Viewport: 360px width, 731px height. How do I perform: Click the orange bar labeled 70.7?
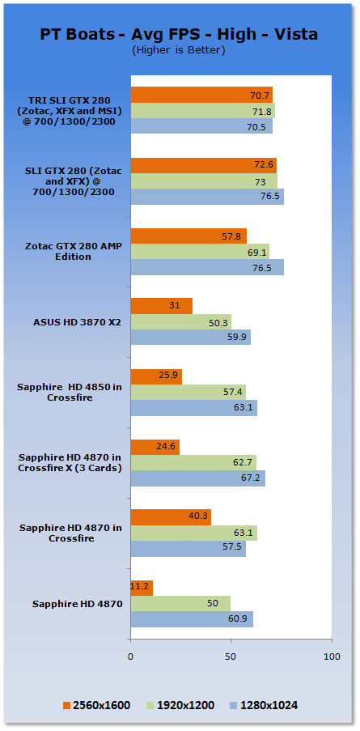(201, 95)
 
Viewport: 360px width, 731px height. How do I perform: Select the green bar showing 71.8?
(203, 110)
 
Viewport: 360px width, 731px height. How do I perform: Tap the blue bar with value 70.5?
(201, 125)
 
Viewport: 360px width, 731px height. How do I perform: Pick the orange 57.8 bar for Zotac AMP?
(188, 236)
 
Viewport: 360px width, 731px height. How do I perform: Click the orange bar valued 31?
(162, 306)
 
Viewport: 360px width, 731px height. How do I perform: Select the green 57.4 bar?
(188, 393)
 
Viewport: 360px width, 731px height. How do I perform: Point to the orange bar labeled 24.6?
(155, 448)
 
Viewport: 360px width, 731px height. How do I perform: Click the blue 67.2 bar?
(198, 478)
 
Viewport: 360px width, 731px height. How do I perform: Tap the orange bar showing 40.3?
(171, 517)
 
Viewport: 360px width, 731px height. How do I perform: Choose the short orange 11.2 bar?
(142, 589)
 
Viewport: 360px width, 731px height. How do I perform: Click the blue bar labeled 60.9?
(192, 619)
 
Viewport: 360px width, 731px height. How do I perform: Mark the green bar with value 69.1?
(201, 251)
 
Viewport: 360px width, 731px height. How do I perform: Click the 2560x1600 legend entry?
(96, 705)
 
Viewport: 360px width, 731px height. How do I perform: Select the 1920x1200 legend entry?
(180, 705)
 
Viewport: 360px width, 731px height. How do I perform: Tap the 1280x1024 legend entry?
(264, 705)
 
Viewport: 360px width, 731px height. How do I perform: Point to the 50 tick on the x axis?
(231, 657)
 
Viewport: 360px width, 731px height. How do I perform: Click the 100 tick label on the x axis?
(332, 657)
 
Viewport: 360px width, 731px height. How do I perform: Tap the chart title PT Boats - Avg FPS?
(179, 35)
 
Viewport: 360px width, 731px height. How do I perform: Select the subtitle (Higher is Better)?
(178, 50)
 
